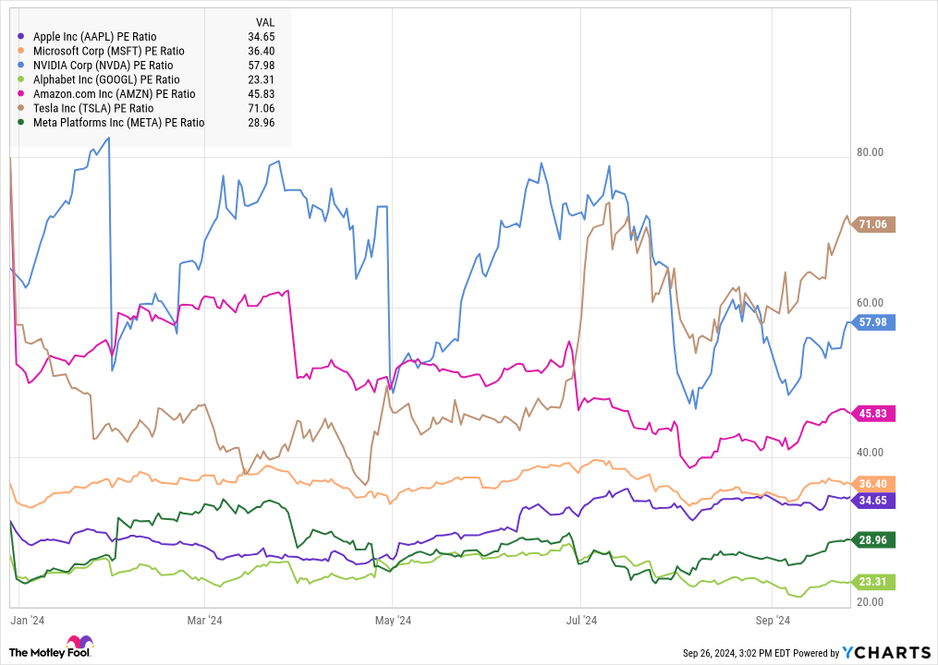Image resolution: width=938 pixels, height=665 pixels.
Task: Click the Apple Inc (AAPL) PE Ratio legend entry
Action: click(x=101, y=36)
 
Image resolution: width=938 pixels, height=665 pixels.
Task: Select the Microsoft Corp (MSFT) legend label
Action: click(x=108, y=51)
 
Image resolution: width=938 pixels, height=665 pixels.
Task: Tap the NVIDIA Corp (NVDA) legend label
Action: click(x=103, y=65)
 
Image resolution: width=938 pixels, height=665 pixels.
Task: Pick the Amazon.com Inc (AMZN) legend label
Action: click(x=114, y=93)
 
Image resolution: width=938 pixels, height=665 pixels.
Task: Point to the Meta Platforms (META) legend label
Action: click(x=118, y=122)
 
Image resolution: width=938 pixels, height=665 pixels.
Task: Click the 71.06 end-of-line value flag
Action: click(x=872, y=224)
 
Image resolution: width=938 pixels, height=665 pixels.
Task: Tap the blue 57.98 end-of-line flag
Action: click(x=872, y=322)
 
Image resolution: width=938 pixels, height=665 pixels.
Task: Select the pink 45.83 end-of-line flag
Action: click(x=872, y=414)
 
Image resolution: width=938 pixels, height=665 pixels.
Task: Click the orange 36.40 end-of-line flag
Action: click(x=872, y=484)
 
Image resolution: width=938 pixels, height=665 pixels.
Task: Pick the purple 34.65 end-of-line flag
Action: click(x=872, y=500)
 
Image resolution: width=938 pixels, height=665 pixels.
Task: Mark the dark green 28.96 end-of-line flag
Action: click(x=872, y=539)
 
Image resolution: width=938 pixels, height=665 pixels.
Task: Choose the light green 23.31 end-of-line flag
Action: click(x=872, y=582)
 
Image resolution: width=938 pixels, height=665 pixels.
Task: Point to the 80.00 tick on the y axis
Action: click(x=871, y=152)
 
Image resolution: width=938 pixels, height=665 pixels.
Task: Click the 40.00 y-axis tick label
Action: click(x=871, y=452)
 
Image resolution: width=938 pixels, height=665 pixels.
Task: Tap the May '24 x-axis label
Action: click(x=392, y=620)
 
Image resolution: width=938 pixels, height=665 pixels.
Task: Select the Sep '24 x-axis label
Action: click(x=771, y=620)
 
